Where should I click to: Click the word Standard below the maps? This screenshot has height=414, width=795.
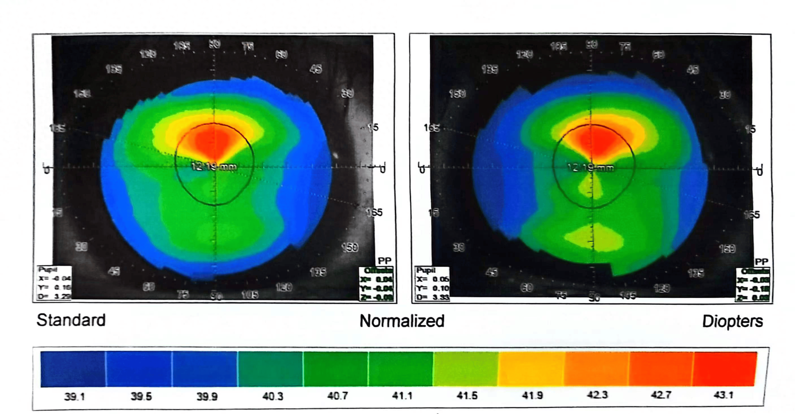pos(71,320)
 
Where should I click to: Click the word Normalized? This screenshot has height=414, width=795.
pos(402,321)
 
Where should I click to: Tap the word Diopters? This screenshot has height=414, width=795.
pos(732,321)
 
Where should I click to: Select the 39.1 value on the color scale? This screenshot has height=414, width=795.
pos(74,397)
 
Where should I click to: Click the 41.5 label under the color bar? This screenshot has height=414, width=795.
pos(467,395)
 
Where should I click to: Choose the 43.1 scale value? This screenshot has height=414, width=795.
pos(723,395)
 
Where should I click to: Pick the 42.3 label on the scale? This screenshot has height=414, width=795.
pos(598,395)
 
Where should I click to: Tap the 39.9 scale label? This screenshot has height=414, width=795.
pos(207,396)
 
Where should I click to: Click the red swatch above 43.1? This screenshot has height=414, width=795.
pos(724,369)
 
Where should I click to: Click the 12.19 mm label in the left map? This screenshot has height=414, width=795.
pos(214,167)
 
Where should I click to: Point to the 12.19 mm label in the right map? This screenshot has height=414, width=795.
pos(590,168)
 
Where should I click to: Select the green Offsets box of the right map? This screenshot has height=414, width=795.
pos(753,285)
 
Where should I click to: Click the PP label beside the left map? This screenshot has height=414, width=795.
pos(385,261)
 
